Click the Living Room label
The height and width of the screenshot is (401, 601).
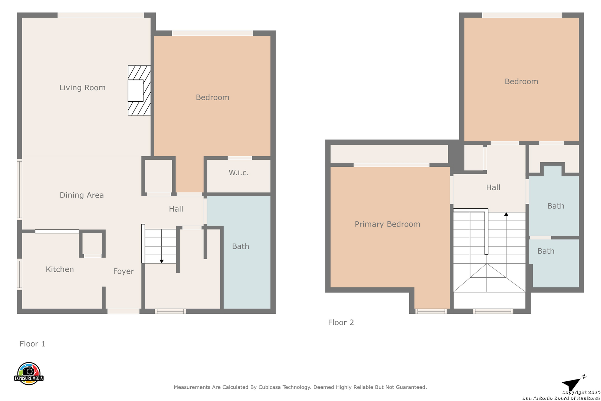[82, 88]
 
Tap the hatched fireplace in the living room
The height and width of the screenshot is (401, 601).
[139, 90]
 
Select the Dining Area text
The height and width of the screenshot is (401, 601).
[82, 195]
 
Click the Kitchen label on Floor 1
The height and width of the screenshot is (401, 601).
[60, 269]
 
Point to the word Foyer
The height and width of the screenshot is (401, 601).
[124, 271]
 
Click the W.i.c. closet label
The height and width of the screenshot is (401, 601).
[239, 173]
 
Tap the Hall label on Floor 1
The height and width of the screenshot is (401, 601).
[176, 209]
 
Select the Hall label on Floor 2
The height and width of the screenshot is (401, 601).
[493, 188]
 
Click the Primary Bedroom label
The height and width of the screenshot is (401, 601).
[387, 224]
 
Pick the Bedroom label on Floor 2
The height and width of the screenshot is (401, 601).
[521, 81]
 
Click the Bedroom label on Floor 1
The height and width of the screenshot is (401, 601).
[213, 97]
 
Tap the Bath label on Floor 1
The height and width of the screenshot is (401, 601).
[240, 246]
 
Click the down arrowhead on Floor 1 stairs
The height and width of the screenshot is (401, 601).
[161, 261]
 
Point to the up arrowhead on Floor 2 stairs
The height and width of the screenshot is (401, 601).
[506, 214]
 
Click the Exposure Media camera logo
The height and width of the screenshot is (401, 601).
[29, 373]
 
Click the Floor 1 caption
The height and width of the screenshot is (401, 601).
[33, 344]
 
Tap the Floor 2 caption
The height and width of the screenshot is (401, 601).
[341, 322]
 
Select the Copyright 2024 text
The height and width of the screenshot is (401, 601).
[581, 392]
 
